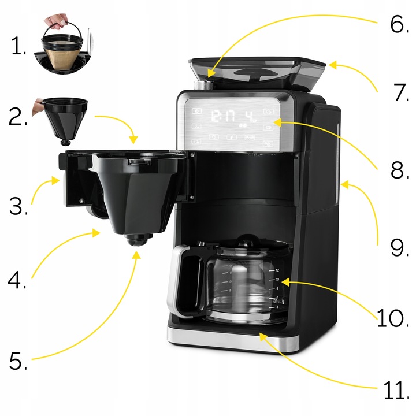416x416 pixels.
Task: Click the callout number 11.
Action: pos(396,390)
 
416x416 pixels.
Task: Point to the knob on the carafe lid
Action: pos(247,239)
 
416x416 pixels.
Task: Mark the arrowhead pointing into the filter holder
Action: pos(133,140)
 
